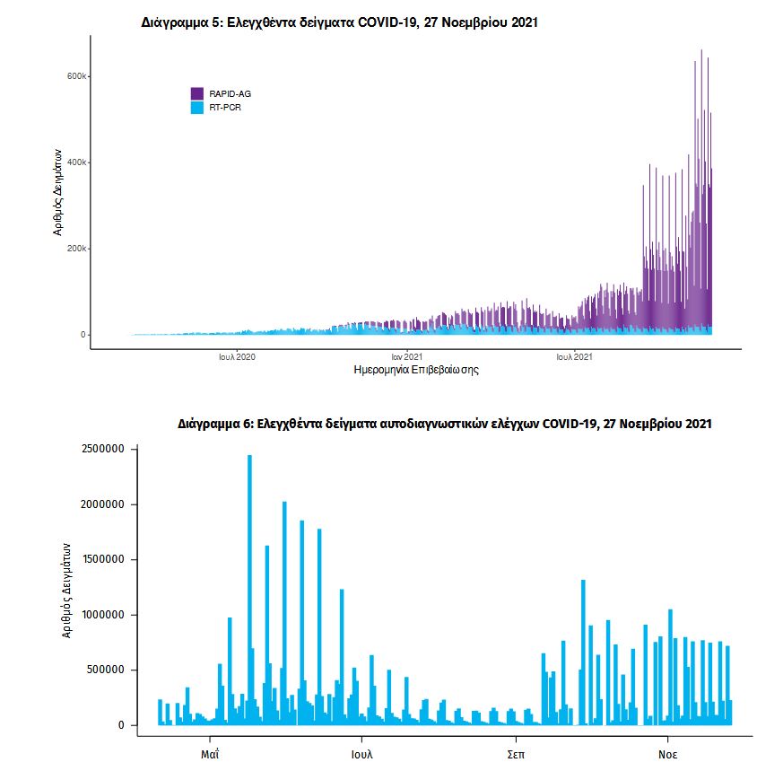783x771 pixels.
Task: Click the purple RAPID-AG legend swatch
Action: tap(197, 93)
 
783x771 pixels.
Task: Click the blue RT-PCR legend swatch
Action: tap(197, 108)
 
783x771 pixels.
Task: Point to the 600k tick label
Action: tap(75, 76)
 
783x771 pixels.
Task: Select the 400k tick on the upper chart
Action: tap(75, 162)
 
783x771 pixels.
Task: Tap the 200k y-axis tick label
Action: tap(75, 249)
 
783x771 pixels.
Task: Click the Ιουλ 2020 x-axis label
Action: tap(238, 357)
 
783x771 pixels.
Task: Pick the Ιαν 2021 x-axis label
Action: tap(406, 357)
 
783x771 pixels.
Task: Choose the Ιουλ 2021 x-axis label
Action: tap(574, 357)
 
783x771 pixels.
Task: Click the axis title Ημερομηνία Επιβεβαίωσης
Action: tap(416, 370)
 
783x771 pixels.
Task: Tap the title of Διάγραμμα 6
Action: tap(445, 423)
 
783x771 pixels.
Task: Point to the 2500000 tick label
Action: tap(101, 449)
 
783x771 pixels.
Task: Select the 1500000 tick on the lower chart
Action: tap(101, 559)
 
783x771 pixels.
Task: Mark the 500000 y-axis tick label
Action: tap(104, 670)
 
